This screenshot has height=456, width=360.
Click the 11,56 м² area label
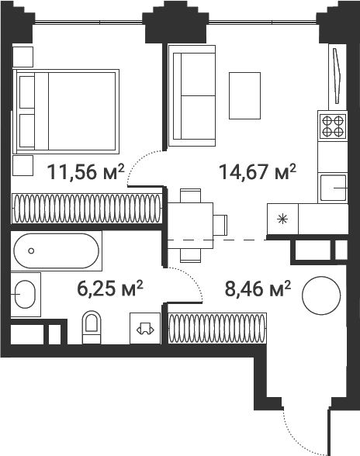tap(85, 171)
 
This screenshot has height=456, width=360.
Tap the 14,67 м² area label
tap(258, 171)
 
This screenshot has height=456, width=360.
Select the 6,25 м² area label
tap(110, 288)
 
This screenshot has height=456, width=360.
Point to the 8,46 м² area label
tap(258, 288)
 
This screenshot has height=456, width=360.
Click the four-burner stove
tap(333, 126)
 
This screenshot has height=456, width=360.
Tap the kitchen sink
tap(334, 188)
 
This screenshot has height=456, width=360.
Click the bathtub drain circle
tap(31, 250)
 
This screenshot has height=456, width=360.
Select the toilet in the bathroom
tap(92, 327)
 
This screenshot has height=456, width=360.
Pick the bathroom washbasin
tap(25, 295)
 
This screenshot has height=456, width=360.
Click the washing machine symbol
tap(145, 329)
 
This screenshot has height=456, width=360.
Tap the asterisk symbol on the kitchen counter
tap(282, 219)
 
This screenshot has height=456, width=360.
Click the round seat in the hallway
tap(321, 295)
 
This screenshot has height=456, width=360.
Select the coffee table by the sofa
tap(244, 95)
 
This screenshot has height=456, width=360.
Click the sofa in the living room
tap(192, 95)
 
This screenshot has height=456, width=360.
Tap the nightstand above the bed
tap(22, 57)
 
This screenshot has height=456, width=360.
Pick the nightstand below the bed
tap(22, 165)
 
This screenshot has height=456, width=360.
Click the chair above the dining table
tap(190, 195)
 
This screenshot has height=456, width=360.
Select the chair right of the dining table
tap(220, 225)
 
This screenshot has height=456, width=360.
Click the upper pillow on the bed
tap(27, 92)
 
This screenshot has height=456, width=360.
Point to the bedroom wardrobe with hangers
tap(86, 209)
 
